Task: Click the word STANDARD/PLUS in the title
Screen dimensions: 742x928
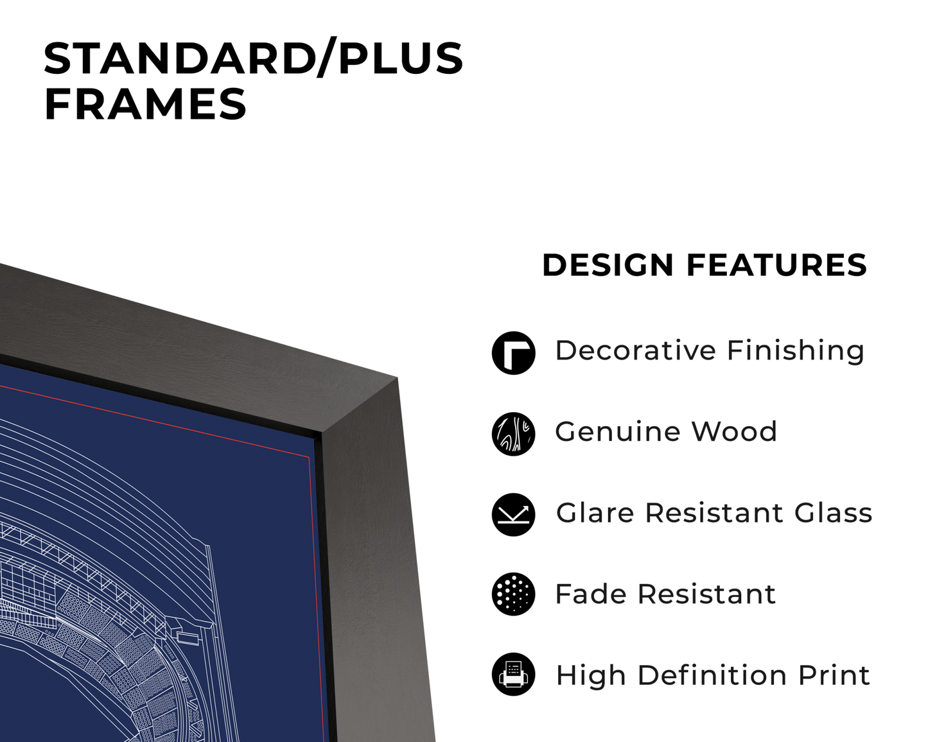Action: pyautogui.click(x=253, y=58)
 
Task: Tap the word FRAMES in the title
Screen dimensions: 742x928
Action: pyautogui.click(x=145, y=105)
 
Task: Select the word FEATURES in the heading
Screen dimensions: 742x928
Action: pyautogui.click(x=776, y=265)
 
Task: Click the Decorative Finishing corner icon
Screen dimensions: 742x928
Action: pyautogui.click(x=513, y=353)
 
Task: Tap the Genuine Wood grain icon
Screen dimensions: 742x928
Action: pyautogui.click(x=513, y=434)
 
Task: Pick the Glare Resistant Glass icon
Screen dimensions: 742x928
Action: pyautogui.click(x=513, y=515)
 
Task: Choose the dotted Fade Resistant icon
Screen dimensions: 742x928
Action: pyautogui.click(x=513, y=594)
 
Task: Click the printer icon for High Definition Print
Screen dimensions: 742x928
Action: pyautogui.click(x=513, y=675)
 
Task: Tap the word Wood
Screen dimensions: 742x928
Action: pyautogui.click(x=734, y=431)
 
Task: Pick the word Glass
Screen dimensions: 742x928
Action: pyautogui.click(x=833, y=513)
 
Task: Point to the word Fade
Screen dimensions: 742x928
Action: pyautogui.click(x=590, y=594)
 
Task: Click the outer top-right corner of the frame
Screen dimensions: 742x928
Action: pyautogui.click(x=397, y=378)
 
